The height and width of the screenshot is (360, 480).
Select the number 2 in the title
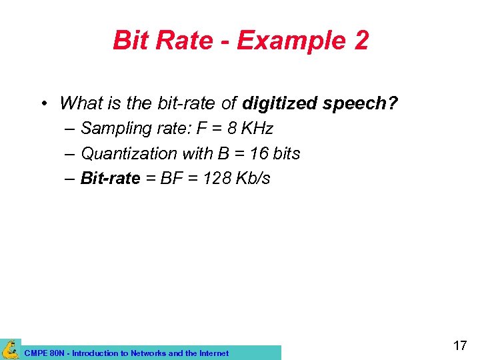(x=359, y=41)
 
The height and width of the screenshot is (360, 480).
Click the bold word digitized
(x=280, y=103)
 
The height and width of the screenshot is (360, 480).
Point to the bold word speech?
(x=361, y=103)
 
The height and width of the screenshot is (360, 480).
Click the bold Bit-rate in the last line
(x=110, y=178)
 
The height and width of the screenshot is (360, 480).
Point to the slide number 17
(x=459, y=346)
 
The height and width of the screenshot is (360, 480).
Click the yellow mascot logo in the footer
(x=10, y=349)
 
